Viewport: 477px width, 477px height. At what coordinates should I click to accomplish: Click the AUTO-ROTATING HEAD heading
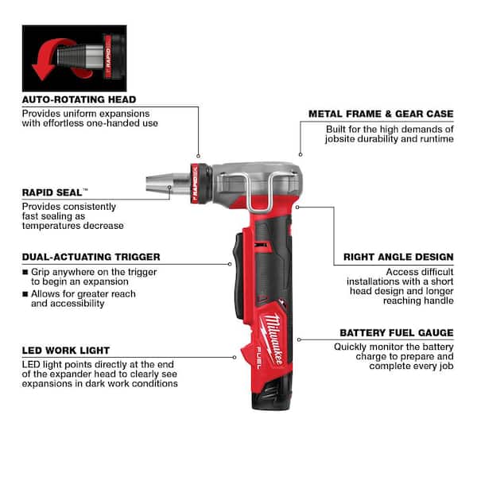point(79,99)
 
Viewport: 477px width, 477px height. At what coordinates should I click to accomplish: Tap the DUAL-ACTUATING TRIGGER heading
point(91,257)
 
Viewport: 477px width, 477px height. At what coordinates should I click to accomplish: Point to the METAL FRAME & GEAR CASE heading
point(381,114)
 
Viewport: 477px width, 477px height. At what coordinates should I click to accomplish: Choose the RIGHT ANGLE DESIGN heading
point(398,257)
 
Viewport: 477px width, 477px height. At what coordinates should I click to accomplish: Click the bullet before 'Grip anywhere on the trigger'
point(25,271)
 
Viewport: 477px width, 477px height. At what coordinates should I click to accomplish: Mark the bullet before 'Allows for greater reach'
point(25,294)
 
